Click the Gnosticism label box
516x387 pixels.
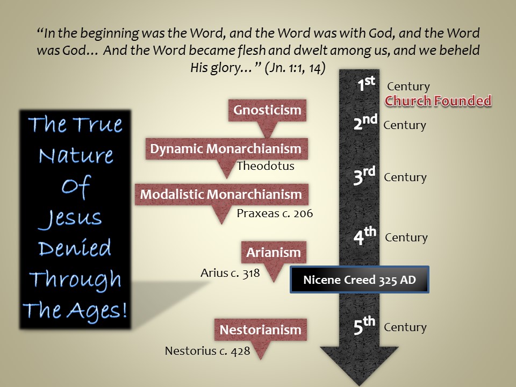click(267, 110)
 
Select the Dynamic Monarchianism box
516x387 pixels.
click(226, 149)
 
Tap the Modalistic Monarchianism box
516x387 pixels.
click(221, 194)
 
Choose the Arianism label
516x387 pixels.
click(274, 253)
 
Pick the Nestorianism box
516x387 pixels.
click(260, 329)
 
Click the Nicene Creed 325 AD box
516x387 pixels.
click(360, 279)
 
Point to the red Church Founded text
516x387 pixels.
click(438, 101)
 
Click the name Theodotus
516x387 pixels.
click(265, 166)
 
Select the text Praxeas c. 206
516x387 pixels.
click(275, 213)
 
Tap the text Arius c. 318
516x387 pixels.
click(230, 273)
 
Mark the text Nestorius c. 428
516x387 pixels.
click(207, 351)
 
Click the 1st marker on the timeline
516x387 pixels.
click(366, 84)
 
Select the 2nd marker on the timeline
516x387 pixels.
click(365, 122)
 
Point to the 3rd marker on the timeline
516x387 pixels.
click(364, 176)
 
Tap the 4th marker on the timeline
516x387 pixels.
click(364, 235)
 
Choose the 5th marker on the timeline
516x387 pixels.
click(364, 326)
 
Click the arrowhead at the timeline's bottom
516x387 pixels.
click(359, 365)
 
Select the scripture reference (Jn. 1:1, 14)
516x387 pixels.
click(295, 68)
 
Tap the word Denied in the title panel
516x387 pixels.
click(75, 248)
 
